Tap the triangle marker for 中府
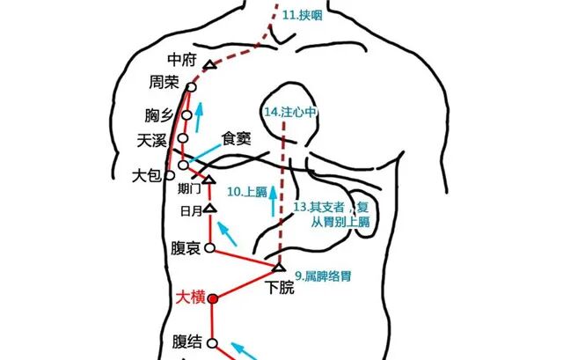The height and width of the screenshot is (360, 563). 210,65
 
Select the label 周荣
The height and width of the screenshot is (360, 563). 165,83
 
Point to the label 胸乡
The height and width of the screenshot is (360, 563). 159,116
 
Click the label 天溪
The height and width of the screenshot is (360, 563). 154,139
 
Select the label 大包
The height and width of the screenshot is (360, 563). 146,175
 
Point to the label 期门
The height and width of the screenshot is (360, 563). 189,188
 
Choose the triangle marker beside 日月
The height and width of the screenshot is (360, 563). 209,209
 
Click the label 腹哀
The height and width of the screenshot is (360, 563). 186,249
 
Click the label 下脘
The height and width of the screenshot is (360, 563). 281,287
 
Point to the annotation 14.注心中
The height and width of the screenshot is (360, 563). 290,112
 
